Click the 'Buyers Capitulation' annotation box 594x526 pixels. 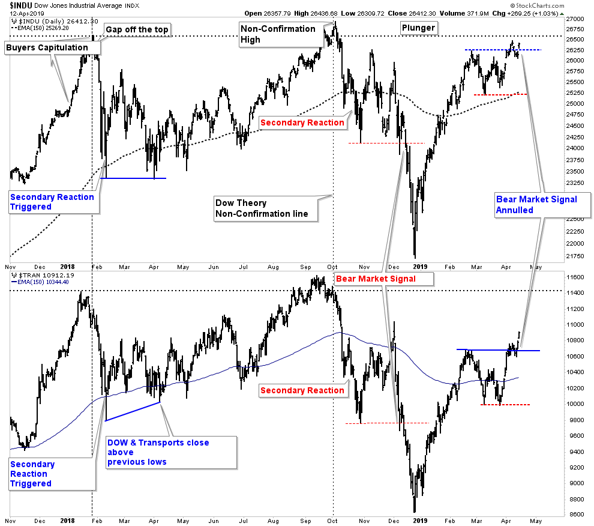coord(47,47)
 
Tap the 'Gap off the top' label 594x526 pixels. coord(137,29)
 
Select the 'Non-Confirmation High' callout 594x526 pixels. coord(278,34)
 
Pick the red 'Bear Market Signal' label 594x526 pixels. coord(376,279)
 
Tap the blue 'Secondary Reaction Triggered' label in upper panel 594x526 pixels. coord(52,202)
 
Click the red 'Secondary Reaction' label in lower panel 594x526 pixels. coord(302,390)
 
